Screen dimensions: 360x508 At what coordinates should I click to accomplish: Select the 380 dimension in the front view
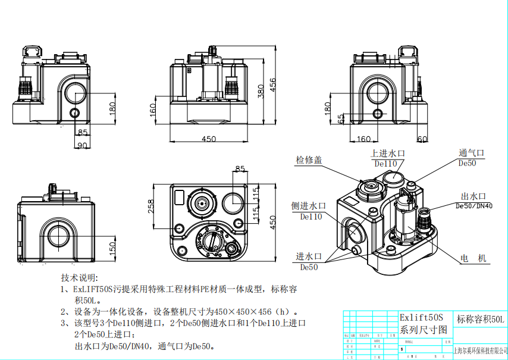260,90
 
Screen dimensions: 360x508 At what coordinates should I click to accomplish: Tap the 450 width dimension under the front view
208,139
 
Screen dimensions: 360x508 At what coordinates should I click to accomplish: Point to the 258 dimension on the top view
151,206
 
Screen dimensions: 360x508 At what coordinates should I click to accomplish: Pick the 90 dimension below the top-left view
82,145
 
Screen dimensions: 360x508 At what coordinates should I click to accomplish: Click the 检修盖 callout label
309,159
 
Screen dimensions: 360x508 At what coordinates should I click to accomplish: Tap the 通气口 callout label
472,153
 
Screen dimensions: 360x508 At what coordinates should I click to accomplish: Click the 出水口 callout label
474,196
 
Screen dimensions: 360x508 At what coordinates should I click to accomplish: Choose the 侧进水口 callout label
308,206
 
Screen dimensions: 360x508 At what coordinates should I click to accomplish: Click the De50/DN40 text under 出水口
474,206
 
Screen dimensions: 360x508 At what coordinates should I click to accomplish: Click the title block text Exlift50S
421,318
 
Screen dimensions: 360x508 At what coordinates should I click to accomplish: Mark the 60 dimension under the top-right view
422,139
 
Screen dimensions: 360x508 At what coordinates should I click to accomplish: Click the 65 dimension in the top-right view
341,118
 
